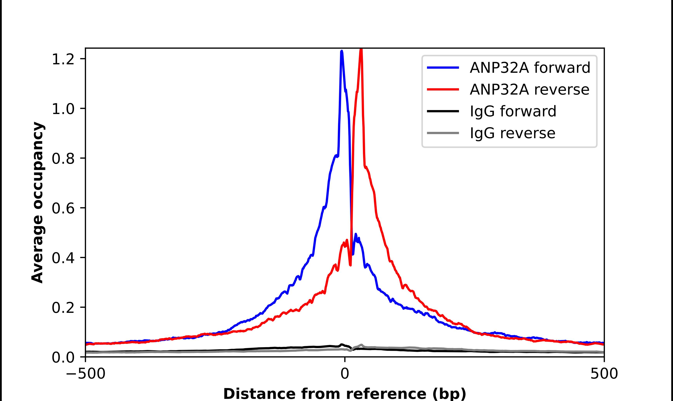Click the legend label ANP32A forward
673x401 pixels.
530,68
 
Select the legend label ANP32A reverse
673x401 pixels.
529,89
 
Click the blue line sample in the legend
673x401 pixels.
443,68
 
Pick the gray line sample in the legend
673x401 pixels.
443,133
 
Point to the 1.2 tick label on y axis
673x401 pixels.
63,59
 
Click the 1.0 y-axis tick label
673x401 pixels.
63,109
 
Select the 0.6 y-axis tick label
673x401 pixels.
63,208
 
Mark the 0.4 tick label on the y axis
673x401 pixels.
63,258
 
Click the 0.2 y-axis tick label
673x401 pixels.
63,307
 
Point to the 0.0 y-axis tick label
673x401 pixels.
63,357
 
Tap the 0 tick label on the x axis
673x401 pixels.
344,374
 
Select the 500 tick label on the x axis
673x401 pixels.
604,374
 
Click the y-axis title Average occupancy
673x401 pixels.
37,202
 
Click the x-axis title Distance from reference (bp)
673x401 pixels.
344,394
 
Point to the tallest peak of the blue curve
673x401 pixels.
342,51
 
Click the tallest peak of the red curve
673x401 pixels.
361,49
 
